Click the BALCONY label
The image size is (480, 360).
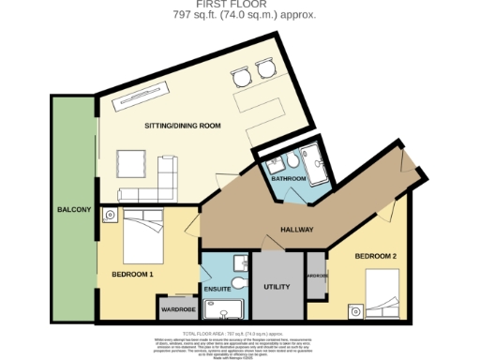72,209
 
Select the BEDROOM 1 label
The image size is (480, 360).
132,274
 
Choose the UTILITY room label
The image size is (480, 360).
278,285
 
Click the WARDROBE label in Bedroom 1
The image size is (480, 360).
176,307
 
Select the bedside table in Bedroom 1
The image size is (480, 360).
110,216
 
